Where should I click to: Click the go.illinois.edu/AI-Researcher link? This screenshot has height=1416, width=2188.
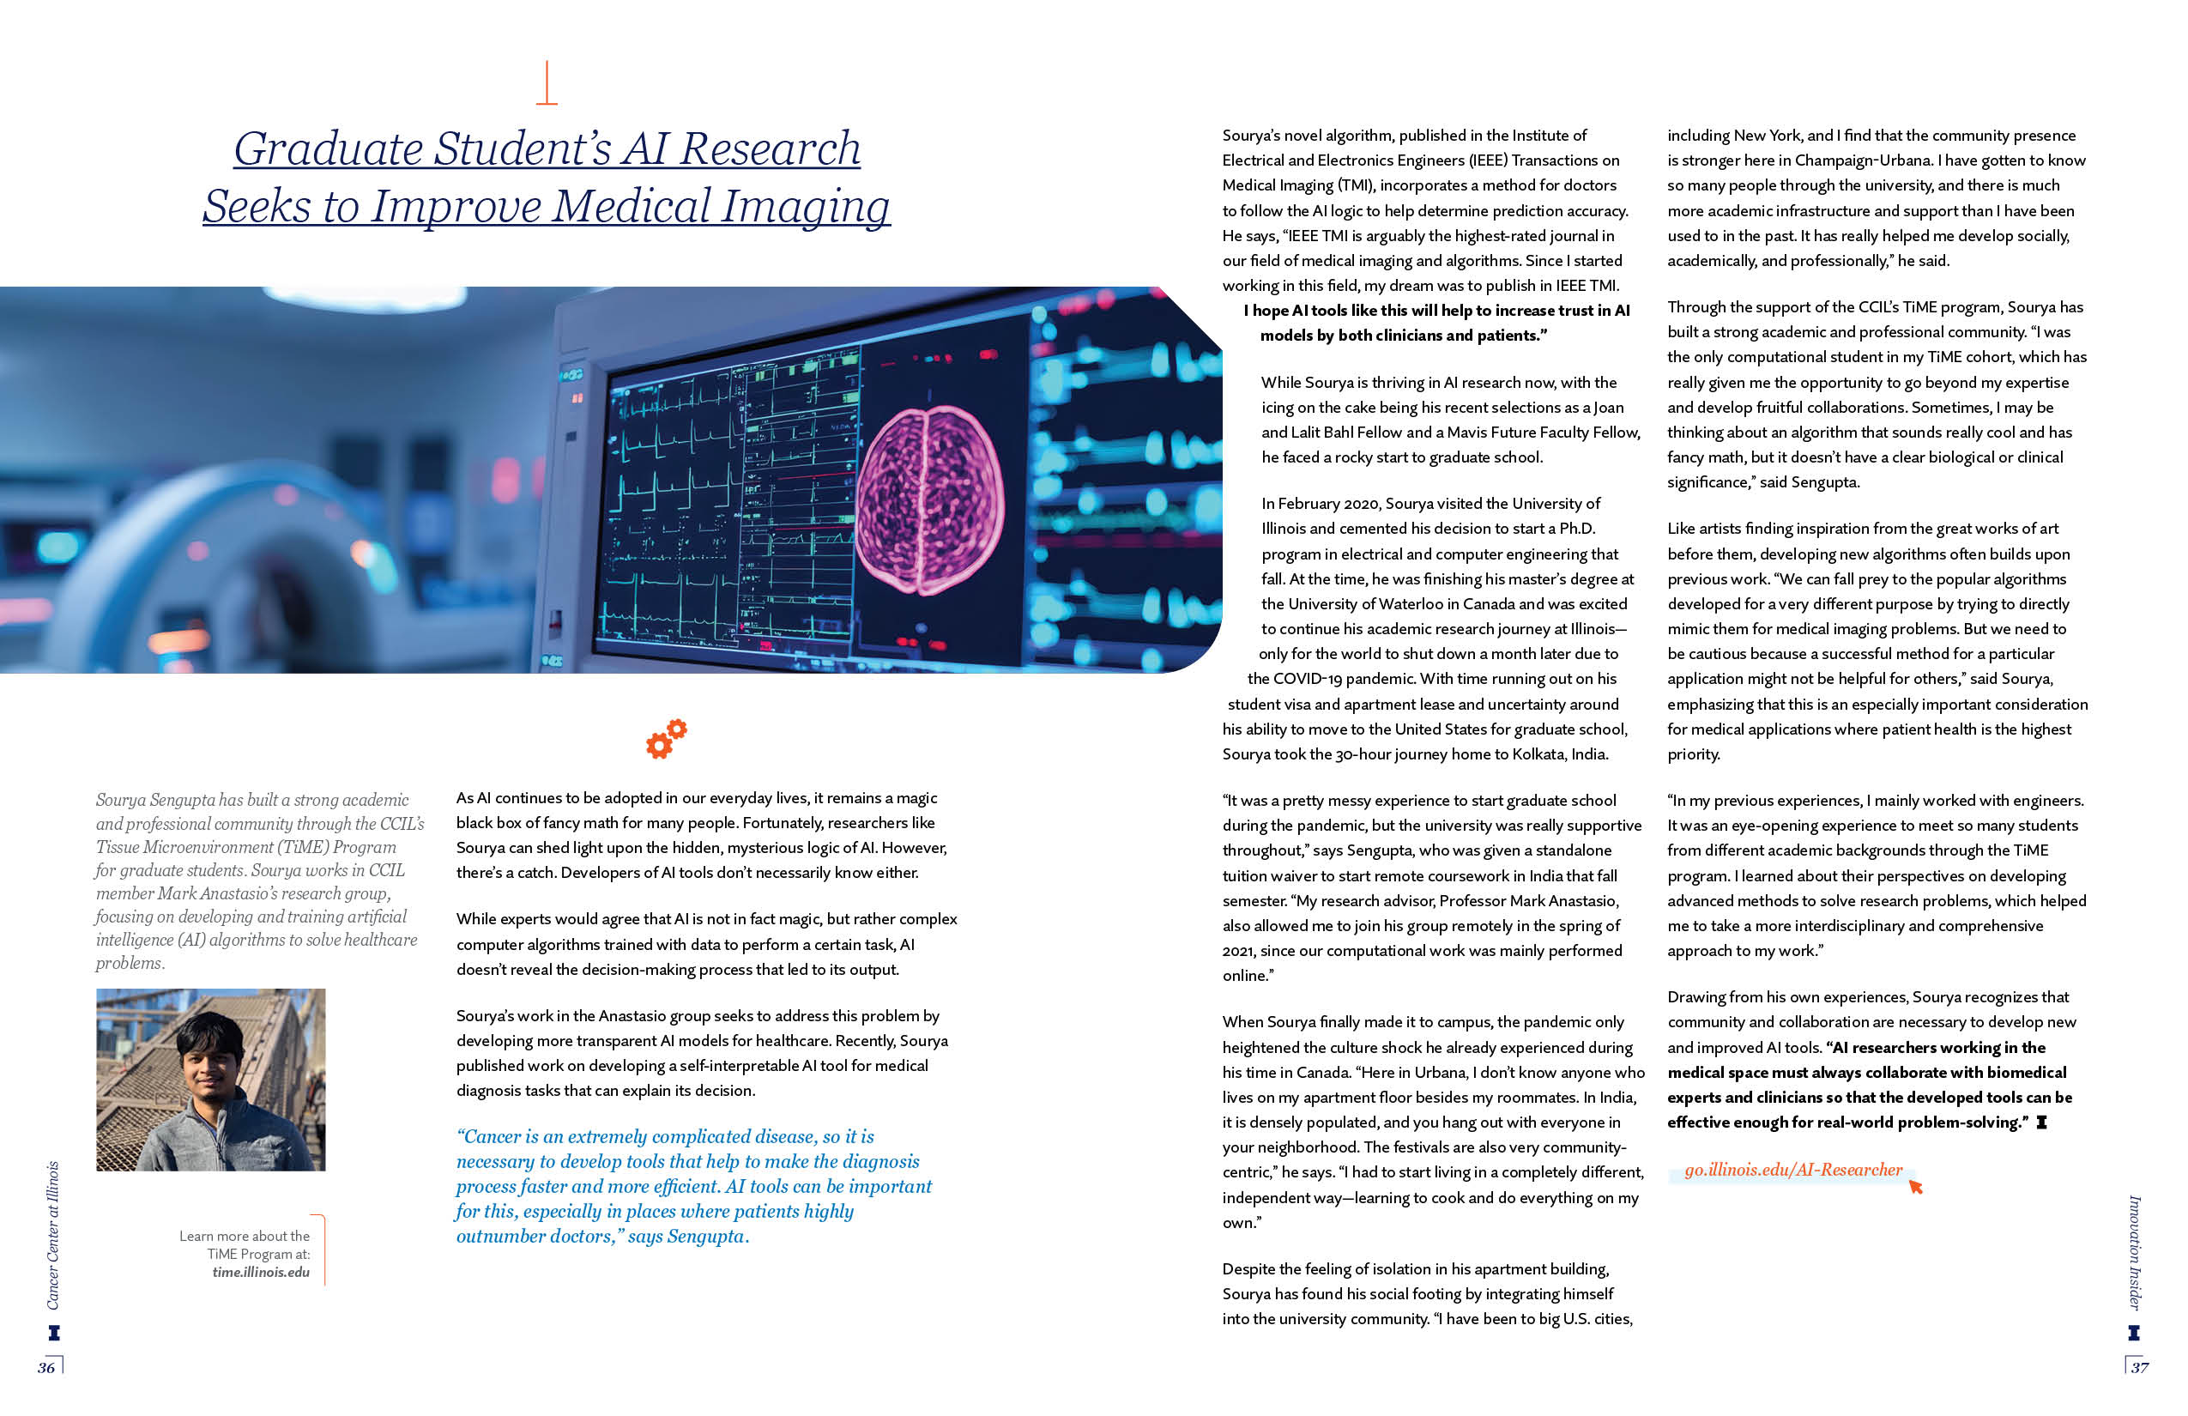pos(1792,1171)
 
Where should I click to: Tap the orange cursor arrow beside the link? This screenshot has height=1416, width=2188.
pos(1916,1187)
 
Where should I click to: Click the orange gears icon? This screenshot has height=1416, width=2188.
pos(667,739)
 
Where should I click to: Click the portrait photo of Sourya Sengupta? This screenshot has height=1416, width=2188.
pos(210,1080)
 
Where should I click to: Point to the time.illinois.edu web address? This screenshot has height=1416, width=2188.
pos(261,1274)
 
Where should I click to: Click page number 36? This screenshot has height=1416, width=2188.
pos(46,1368)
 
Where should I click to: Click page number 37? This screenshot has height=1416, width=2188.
pos(2139,1368)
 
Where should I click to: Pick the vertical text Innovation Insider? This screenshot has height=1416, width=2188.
pos(2135,1252)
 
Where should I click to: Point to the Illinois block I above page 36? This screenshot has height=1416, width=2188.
pos(53,1332)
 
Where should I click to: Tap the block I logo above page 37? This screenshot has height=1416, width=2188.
pos(2134,1332)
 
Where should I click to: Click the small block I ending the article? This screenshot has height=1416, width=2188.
pos(2042,1123)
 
